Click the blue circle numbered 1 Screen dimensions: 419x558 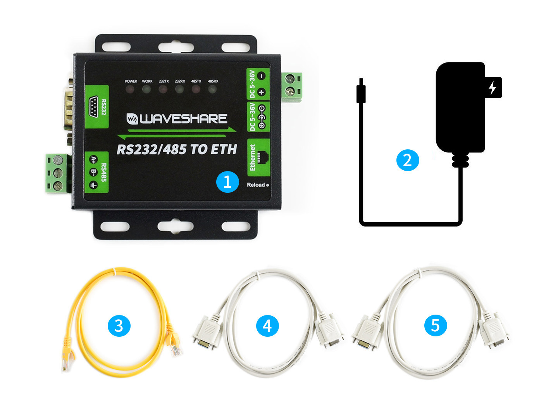(227, 182)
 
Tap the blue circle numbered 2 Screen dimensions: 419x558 (407, 160)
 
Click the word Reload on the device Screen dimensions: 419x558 (256, 185)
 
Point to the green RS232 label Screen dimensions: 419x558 (97, 106)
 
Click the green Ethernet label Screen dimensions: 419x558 (258, 157)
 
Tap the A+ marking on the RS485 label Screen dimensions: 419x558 (93, 159)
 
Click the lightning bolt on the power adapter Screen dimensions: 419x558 (493, 87)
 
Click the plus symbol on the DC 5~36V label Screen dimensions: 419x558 (262, 92)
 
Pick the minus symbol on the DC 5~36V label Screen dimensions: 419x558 (262, 76)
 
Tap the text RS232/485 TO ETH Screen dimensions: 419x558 (177, 149)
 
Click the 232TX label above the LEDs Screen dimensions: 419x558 (164, 81)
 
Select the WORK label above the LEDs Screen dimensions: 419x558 (147, 81)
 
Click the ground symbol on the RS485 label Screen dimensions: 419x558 (93, 185)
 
